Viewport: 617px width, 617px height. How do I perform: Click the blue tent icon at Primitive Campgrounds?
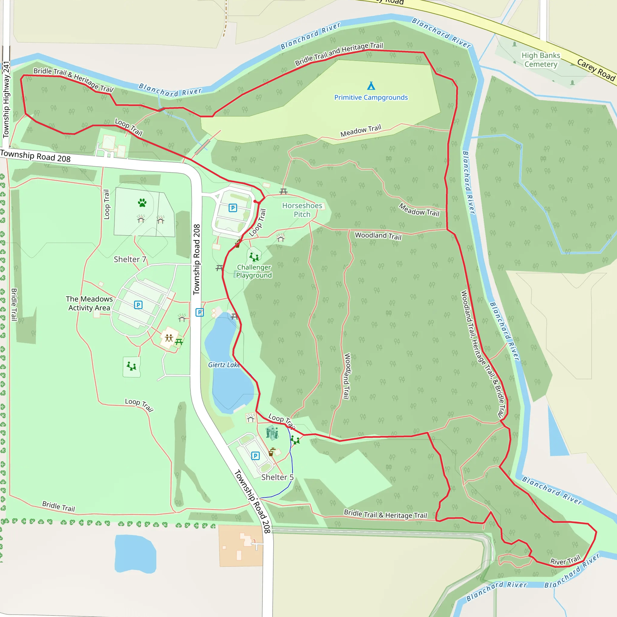pos(371,86)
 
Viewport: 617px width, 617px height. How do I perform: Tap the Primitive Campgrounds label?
pos(371,97)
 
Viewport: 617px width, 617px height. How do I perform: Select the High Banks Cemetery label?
pos(541,60)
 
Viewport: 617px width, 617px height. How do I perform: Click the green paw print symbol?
pos(142,202)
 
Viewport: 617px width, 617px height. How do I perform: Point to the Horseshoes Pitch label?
pos(302,210)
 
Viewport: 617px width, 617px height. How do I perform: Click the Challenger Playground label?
pos(254,271)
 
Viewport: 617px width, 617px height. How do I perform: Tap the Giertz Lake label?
pos(224,365)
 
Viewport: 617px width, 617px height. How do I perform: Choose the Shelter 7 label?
pos(130,259)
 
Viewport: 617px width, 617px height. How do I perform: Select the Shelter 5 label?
pos(277,477)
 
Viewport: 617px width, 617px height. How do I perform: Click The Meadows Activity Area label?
pos(89,303)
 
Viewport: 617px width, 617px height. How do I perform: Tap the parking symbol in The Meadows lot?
pos(138,305)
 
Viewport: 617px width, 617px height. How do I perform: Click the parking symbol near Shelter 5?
pos(255,456)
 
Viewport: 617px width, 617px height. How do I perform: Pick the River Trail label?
pos(565,560)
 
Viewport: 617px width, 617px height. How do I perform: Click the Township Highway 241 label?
pos(6,99)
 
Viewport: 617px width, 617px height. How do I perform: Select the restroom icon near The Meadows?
pos(169,338)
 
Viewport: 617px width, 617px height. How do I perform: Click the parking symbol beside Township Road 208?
pos(200,312)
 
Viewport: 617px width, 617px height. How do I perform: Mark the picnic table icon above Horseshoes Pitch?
pos(283,192)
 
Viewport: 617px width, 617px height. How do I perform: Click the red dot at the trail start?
pos(255,201)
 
